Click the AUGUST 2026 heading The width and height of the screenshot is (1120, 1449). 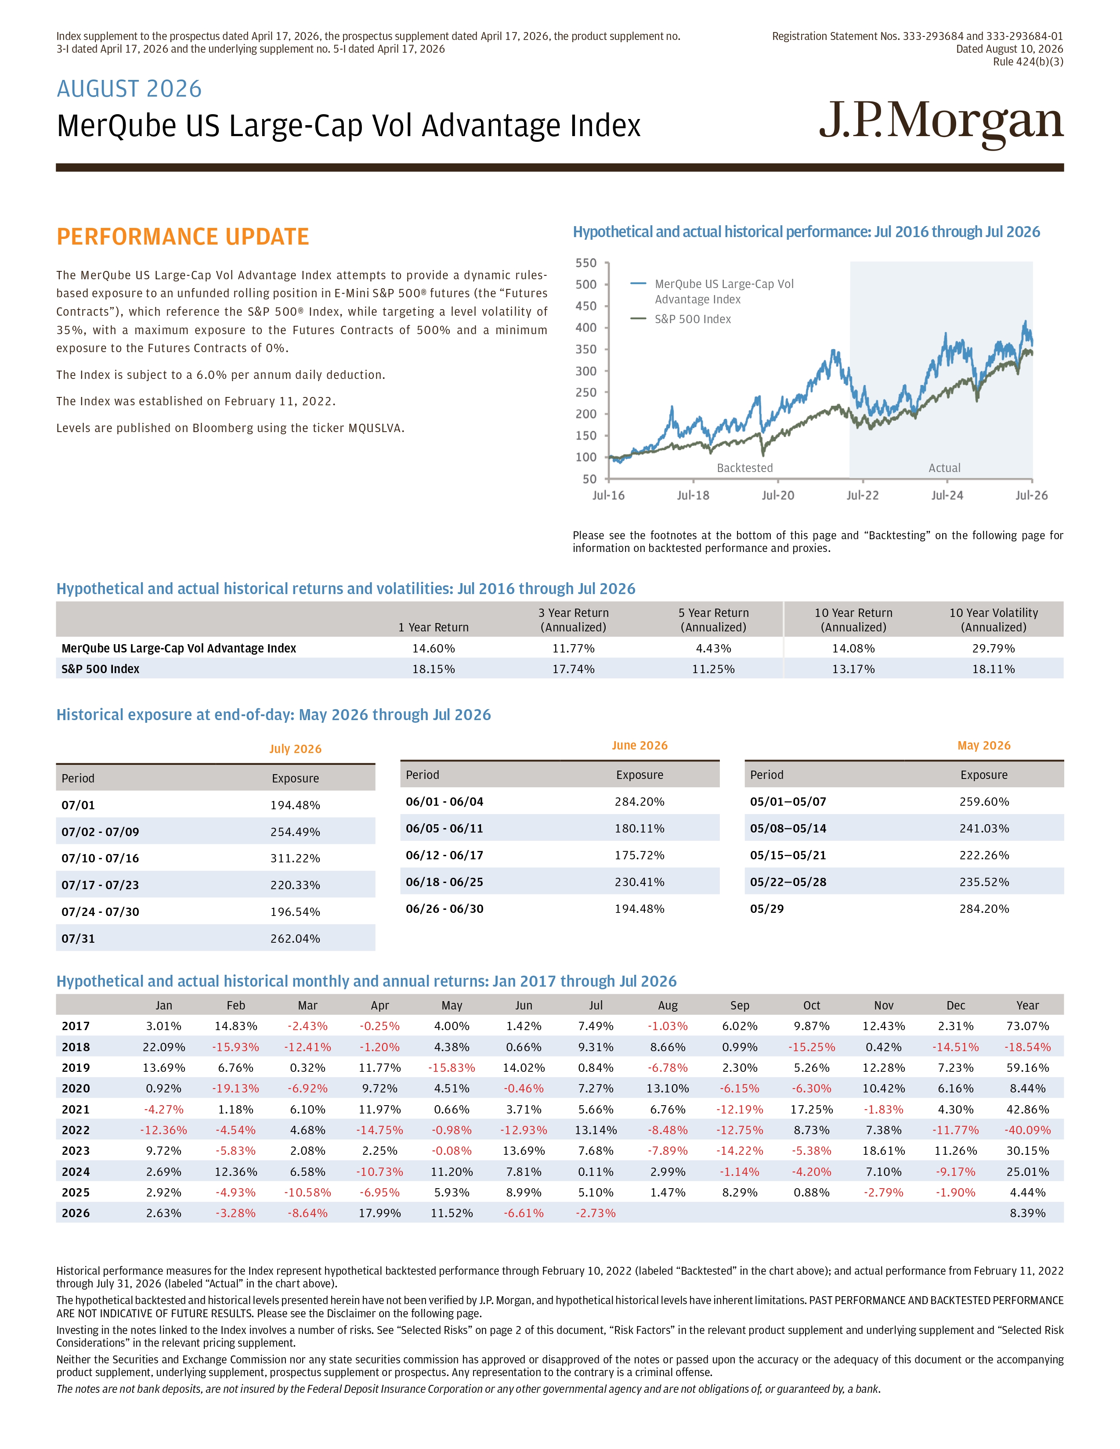pyautogui.click(x=130, y=89)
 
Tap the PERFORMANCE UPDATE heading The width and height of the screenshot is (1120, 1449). pyautogui.click(x=182, y=237)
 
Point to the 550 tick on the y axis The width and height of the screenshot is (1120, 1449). pyautogui.click(x=586, y=263)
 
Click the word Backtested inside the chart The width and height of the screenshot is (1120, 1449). pyautogui.click(x=744, y=468)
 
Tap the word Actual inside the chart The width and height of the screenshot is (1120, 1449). pyautogui.click(x=944, y=468)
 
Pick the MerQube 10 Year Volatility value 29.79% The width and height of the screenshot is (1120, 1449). pyautogui.click(x=993, y=648)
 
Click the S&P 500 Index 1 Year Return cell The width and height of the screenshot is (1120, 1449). pyautogui.click(x=433, y=669)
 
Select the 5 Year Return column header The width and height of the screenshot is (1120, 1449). pyautogui.click(x=713, y=620)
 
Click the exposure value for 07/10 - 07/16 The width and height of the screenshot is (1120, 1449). pyautogui.click(x=295, y=858)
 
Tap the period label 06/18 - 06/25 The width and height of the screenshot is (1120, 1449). pyautogui.click(x=444, y=882)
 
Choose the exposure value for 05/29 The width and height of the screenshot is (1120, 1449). pyautogui.click(x=984, y=908)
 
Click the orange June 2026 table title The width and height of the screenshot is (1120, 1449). pyautogui.click(x=639, y=745)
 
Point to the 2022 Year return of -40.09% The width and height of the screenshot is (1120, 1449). pyautogui.click(x=1028, y=1130)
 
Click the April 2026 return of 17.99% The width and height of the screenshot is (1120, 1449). pyautogui.click(x=379, y=1213)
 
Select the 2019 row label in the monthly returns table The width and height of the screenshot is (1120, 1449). pyautogui.click(x=76, y=1067)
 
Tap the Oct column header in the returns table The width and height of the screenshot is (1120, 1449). pyautogui.click(x=812, y=1005)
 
